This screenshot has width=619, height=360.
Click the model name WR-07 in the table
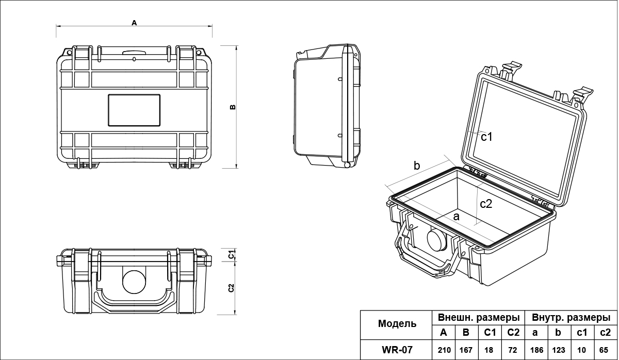click(x=397, y=350)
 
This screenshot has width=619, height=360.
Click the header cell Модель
click(x=397, y=324)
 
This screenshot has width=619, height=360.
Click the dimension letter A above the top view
click(x=134, y=23)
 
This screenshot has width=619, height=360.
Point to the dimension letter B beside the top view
click(x=233, y=107)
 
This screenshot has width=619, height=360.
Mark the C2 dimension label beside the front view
click(x=232, y=288)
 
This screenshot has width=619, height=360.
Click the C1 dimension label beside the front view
click(x=232, y=254)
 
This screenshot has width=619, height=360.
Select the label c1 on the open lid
click(x=487, y=137)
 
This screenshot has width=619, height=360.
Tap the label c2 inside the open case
click(x=486, y=204)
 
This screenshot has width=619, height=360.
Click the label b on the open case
click(x=417, y=166)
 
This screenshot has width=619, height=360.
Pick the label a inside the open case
click(x=456, y=217)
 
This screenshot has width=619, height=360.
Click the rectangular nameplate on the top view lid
click(x=134, y=110)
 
